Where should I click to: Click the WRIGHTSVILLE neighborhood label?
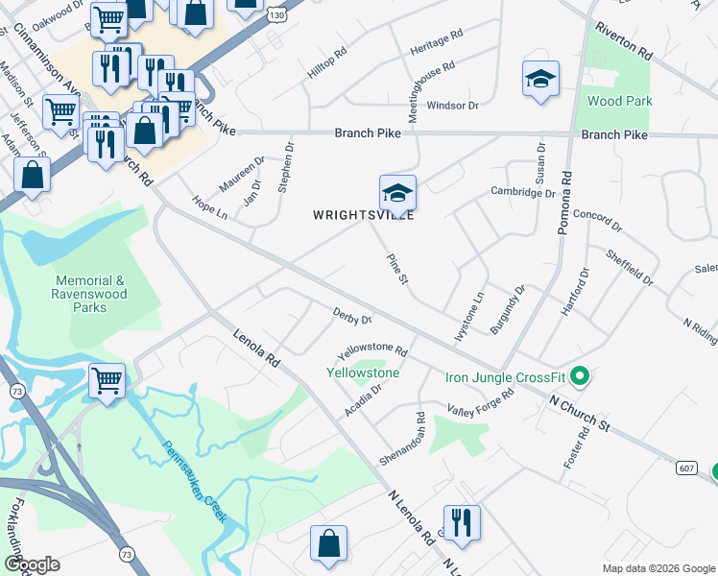point(364,216)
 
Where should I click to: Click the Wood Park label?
point(619,101)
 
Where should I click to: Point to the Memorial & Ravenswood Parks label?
point(90,286)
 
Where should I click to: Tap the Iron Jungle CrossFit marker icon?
point(578,374)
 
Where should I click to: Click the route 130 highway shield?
point(277,15)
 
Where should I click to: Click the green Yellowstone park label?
point(363,372)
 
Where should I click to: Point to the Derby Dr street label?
point(351,315)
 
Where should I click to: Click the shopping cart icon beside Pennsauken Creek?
point(107,380)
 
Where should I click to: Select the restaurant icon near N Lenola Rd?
point(462,522)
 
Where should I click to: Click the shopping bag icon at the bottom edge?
point(328,542)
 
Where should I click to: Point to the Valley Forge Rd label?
point(481,410)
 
